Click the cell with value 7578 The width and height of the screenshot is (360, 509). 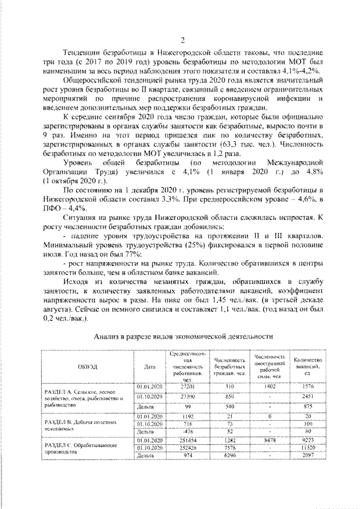(229, 448)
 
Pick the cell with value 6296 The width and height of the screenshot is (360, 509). (229, 456)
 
